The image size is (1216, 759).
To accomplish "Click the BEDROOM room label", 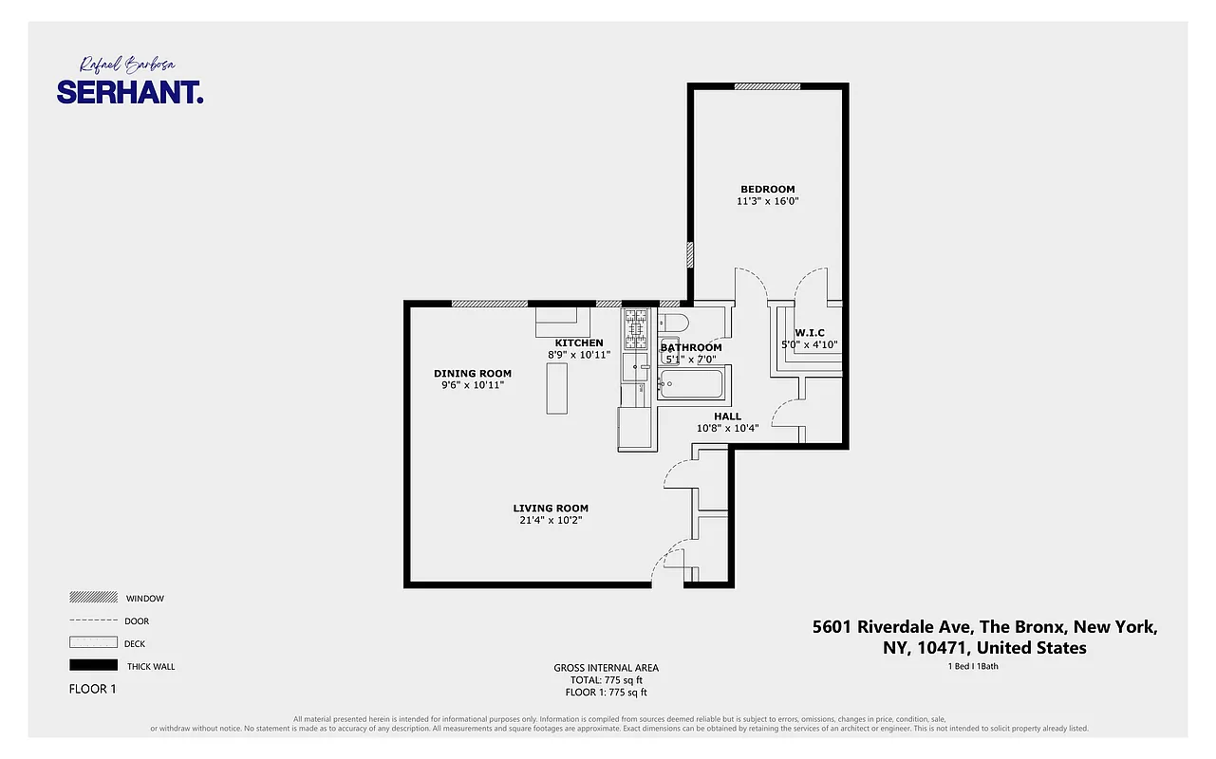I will pos(767,189).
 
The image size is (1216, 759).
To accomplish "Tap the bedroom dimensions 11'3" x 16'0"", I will pos(767,201).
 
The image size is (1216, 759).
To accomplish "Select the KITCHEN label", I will pos(579,342).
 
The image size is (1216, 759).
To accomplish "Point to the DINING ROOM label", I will pos(473,373).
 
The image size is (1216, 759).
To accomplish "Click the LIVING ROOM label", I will pos(551,508).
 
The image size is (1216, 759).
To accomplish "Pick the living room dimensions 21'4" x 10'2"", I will pos(551,520).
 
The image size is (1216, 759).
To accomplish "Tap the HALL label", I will pos(727,416).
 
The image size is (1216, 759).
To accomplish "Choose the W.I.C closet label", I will pos(809,332).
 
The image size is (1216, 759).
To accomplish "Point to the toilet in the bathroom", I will pos(673,320).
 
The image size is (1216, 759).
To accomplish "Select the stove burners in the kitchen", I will pos(635,327).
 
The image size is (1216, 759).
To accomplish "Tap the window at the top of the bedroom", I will pos(767,86).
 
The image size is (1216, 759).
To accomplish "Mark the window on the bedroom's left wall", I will pos(690,255).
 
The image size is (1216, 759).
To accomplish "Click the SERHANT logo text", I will pos(130,92).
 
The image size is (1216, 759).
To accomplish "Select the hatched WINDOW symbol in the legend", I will pos(93,598).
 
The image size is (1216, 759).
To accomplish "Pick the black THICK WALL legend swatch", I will pos(93,665).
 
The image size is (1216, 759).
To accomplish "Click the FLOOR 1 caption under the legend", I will pos(92,689).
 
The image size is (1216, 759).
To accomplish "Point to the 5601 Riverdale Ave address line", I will pos(985,627).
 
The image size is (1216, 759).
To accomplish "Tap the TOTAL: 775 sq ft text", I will pos(606,679).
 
